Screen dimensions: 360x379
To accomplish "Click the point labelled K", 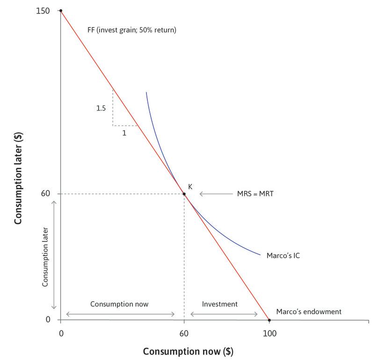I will [x=184, y=194].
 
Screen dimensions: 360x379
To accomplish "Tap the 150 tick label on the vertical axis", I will [x=43, y=11].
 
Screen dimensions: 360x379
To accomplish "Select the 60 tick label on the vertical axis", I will [x=47, y=194].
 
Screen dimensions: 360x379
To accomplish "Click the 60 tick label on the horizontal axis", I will [x=184, y=333].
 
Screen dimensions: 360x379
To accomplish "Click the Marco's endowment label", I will [x=309, y=312].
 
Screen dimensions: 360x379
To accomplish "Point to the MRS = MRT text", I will [x=255, y=193].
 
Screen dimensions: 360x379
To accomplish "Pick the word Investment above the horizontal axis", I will [x=219, y=304].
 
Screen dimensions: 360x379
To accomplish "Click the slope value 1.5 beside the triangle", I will [x=101, y=108].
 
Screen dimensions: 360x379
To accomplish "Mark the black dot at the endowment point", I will [x=269, y=320].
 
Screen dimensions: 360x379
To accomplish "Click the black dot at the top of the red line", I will [x=60, y=11].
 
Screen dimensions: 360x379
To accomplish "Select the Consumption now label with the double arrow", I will [x=119, y=304].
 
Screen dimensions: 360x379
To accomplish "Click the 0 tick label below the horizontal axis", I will [x=61, y=333].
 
